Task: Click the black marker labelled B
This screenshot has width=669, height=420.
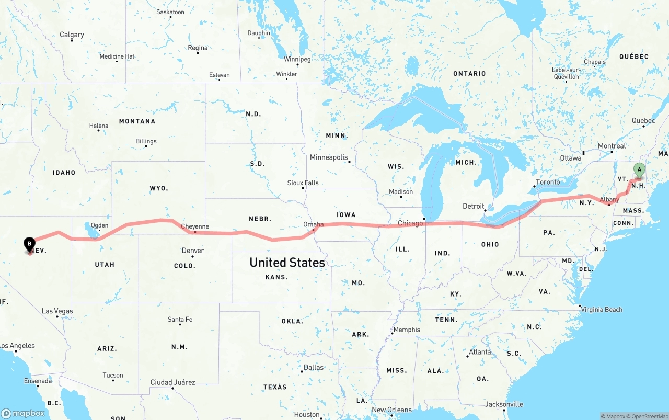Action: [30, 244]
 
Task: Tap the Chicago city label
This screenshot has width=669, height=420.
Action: [410, 223]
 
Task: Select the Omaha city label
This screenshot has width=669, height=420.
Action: [314, 224]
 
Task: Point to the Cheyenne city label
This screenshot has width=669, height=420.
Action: [195, 226]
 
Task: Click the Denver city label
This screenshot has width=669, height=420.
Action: [193, 251]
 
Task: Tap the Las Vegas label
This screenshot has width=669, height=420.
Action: [57, 311]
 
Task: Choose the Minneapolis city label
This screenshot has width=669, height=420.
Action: [329, 157]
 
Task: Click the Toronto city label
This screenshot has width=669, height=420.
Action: [548, 182]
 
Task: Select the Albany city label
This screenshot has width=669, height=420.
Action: [609, 199]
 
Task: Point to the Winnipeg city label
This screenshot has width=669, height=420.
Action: [297, 59]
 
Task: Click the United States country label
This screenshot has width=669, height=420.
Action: [287, 262]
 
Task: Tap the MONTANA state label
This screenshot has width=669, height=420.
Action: [137, 121]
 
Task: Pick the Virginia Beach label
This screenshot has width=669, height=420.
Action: [602, 309]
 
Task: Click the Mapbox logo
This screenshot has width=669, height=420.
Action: [24, 413]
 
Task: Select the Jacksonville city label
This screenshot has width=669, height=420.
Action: [504, 404]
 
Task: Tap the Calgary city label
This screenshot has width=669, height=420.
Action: [72, 35]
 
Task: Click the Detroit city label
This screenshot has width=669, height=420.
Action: [474, 206]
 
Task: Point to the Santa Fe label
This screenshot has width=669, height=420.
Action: [180, 320]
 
